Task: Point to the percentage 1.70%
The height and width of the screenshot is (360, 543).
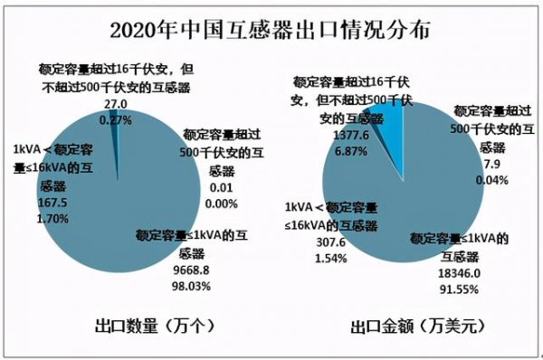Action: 52,218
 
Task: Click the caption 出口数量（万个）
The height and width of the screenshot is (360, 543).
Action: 154,324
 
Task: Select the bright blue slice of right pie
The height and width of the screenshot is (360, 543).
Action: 387,114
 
